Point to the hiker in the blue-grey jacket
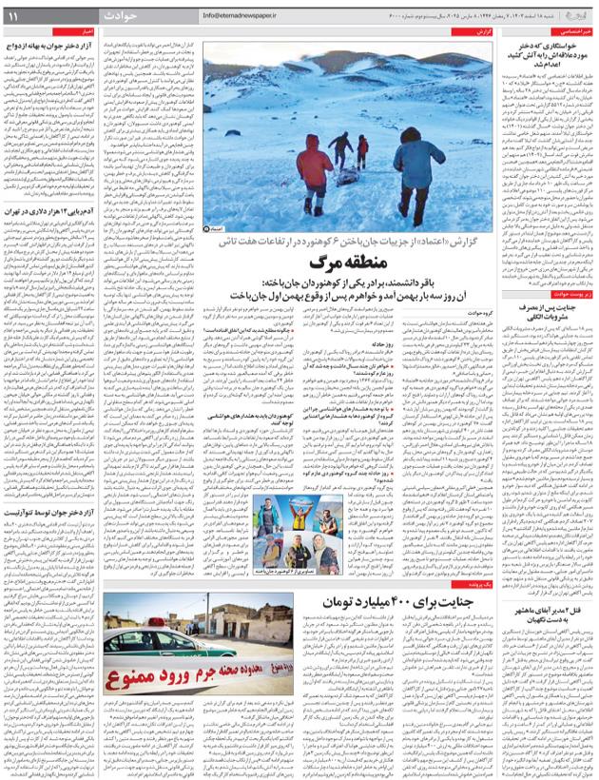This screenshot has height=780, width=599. click(418, 171)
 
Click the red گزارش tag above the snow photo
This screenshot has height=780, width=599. click(482, 32)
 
